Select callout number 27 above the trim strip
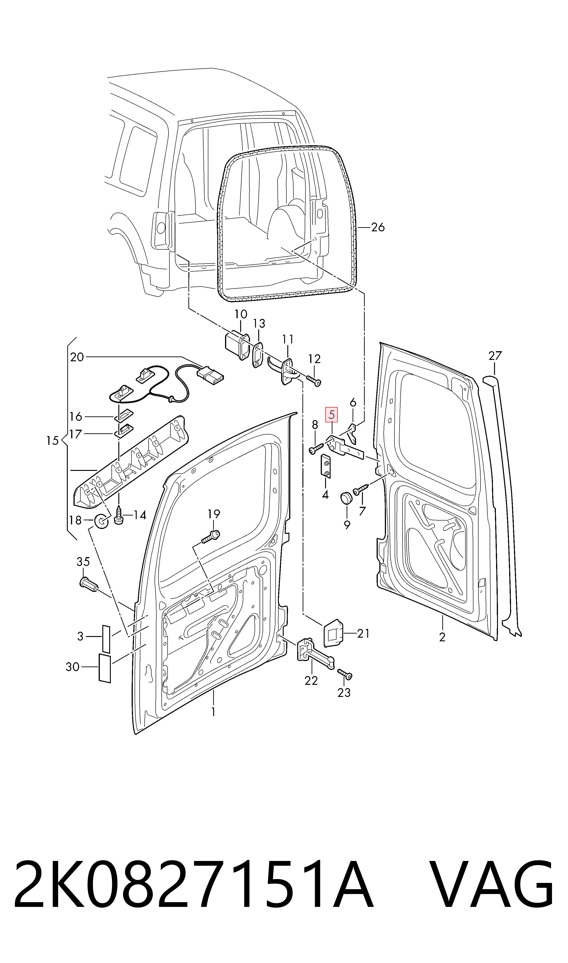(495, 356)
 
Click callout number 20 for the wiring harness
(77, 357)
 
